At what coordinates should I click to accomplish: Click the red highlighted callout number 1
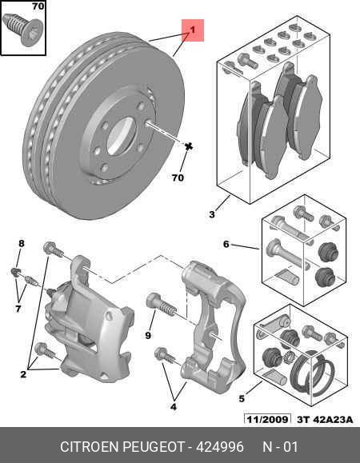coord(193,30)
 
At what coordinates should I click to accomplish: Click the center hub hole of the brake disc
coord(121,133)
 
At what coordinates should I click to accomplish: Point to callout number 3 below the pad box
coord(212,214)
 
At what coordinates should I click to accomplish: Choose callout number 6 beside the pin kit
coord(226,244)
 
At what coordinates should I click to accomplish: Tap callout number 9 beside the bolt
coord(149,336)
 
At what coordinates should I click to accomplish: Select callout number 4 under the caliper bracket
coord(174,406)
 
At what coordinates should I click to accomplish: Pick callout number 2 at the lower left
coord(23,373)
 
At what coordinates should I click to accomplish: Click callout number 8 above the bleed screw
coord(22,243)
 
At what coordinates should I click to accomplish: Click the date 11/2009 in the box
coord(267,419)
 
